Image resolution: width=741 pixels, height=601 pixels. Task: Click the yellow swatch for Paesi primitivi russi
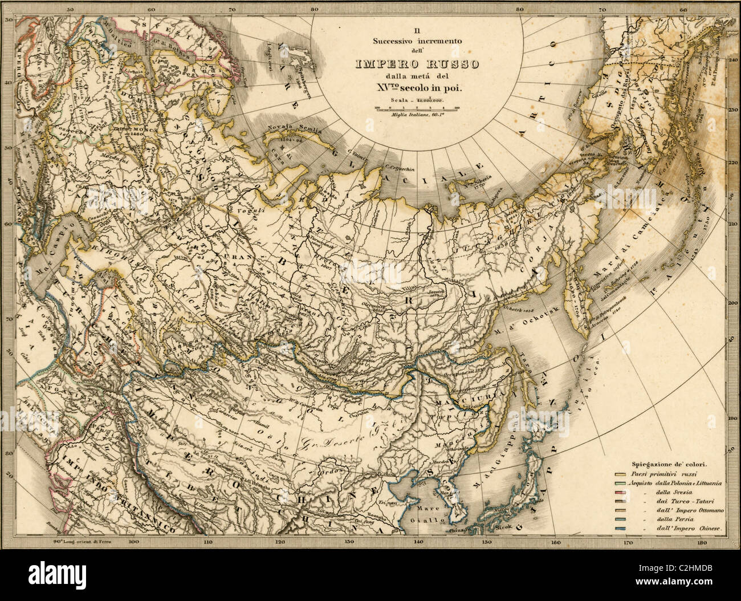621,474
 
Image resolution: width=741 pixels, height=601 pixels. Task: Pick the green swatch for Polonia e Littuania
621,484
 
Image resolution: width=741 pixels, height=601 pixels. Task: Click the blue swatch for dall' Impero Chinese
621,530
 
